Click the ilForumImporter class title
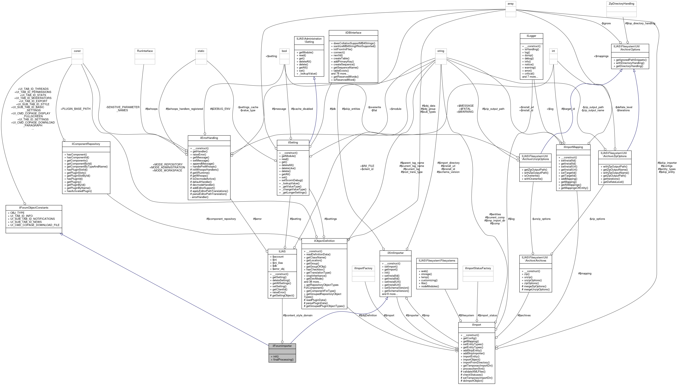(282, 346)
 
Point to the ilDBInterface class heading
(353, 33)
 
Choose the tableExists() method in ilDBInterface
(341, 71)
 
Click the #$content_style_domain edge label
(297, 315)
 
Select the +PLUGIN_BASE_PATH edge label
(75, 109)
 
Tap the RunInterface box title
(145, 51)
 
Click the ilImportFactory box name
(363, 268)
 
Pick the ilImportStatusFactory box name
(478, 268)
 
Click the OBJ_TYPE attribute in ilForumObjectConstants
(17, 213)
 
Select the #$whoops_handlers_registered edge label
(184, 109)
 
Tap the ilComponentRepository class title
(86, 144)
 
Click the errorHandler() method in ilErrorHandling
(200, 197)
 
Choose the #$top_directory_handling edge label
(640, 23)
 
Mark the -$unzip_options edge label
(541, 219)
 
